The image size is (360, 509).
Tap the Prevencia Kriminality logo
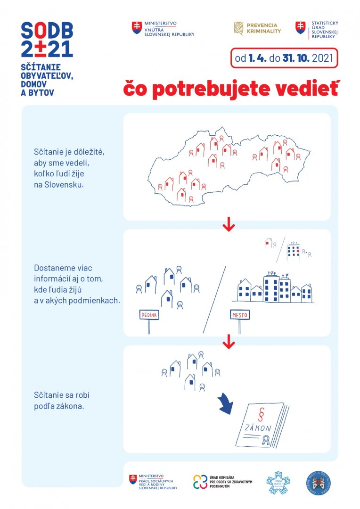pyautogui.click(x=258, y=28)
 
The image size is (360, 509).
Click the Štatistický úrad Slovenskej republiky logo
pyautogui.click(x=317, y=29)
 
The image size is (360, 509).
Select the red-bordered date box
pyautogui.click(x=285, y=58)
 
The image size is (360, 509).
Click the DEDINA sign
pyautogui.click(x=149, y=315)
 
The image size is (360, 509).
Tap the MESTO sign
pyautogui.click(x=240, y=315)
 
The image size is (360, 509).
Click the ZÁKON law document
pyautogui.click(x=261, y=425)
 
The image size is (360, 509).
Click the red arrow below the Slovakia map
pyautogui.click(x=229, y=225)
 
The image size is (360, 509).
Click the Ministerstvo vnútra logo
pyautogui.click(x=163, y=28)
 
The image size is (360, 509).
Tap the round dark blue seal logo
pyautogui.click(x=319, y=483)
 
